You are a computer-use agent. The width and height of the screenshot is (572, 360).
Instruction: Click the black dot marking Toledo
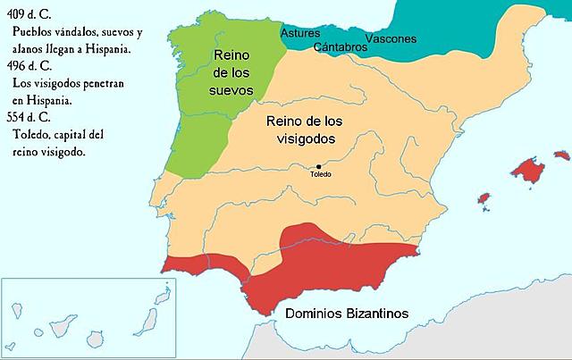(x=319, y=166)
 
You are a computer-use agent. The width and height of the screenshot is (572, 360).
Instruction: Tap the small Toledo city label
(x=320, y=174)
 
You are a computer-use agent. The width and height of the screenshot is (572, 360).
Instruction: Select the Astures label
(x=300, y=33)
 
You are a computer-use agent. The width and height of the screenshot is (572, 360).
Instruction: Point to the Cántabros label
(x=337, y=46)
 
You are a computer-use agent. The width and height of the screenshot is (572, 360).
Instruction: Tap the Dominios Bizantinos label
(x=347, y=314)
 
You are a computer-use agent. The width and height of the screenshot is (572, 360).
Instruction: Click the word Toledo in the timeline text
(x=37, y=135)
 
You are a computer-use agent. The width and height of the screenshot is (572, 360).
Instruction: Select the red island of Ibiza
(x=484, y=197)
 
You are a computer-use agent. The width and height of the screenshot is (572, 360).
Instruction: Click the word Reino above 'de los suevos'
(x=233, y=54)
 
